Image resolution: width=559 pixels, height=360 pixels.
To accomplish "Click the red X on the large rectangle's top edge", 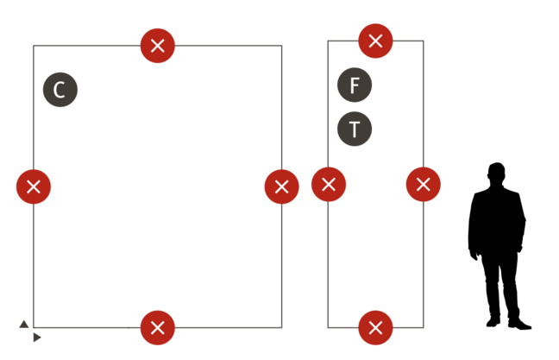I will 158,45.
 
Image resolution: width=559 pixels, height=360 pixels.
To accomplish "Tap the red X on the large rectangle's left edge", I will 34,186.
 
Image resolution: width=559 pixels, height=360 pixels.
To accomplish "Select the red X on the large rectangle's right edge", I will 282,186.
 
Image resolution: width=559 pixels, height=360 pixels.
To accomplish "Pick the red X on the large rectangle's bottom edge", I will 158,327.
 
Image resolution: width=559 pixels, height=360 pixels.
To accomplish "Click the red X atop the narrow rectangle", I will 375,41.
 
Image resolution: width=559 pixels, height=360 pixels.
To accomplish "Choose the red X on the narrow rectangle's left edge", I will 329,184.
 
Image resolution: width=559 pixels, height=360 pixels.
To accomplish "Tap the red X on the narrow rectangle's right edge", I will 423,184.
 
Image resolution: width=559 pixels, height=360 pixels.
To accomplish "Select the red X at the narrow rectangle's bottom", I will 375,327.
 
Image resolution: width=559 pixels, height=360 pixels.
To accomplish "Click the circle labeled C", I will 60,90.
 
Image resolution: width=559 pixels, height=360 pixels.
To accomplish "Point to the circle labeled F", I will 355,85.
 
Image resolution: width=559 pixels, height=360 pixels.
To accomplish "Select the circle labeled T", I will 355,129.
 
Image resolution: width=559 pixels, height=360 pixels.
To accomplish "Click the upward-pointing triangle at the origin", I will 23,324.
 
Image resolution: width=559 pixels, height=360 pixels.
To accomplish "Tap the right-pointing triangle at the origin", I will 37,338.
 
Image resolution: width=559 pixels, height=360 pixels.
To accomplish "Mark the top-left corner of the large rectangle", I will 34,45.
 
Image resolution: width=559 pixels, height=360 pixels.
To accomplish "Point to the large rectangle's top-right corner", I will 282,45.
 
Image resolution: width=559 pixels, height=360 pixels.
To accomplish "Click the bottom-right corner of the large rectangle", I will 282,327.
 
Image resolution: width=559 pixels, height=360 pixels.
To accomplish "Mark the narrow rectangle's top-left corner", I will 328,41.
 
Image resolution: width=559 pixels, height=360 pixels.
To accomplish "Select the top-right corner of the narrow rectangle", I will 424,41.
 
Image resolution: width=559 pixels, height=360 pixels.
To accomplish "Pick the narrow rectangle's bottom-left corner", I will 328,327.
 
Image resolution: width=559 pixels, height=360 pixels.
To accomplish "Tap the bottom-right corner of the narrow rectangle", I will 424,327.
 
